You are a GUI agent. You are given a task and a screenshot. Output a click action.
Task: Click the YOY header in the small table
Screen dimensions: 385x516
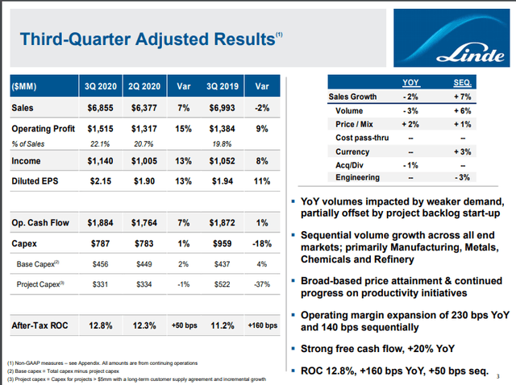coord(410,83)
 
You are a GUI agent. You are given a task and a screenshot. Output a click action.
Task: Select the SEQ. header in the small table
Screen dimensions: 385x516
coord(463,83)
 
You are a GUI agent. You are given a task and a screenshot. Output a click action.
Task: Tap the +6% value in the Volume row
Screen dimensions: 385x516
coord(463,110)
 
